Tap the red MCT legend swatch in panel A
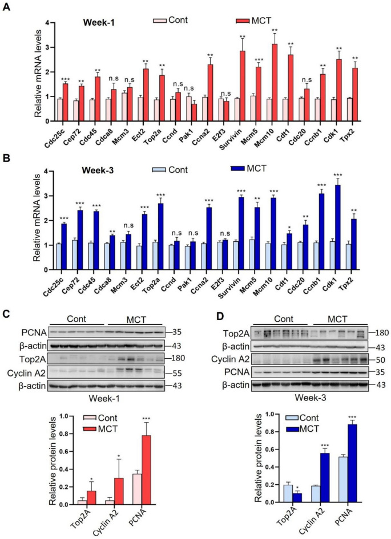click(244, 21)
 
